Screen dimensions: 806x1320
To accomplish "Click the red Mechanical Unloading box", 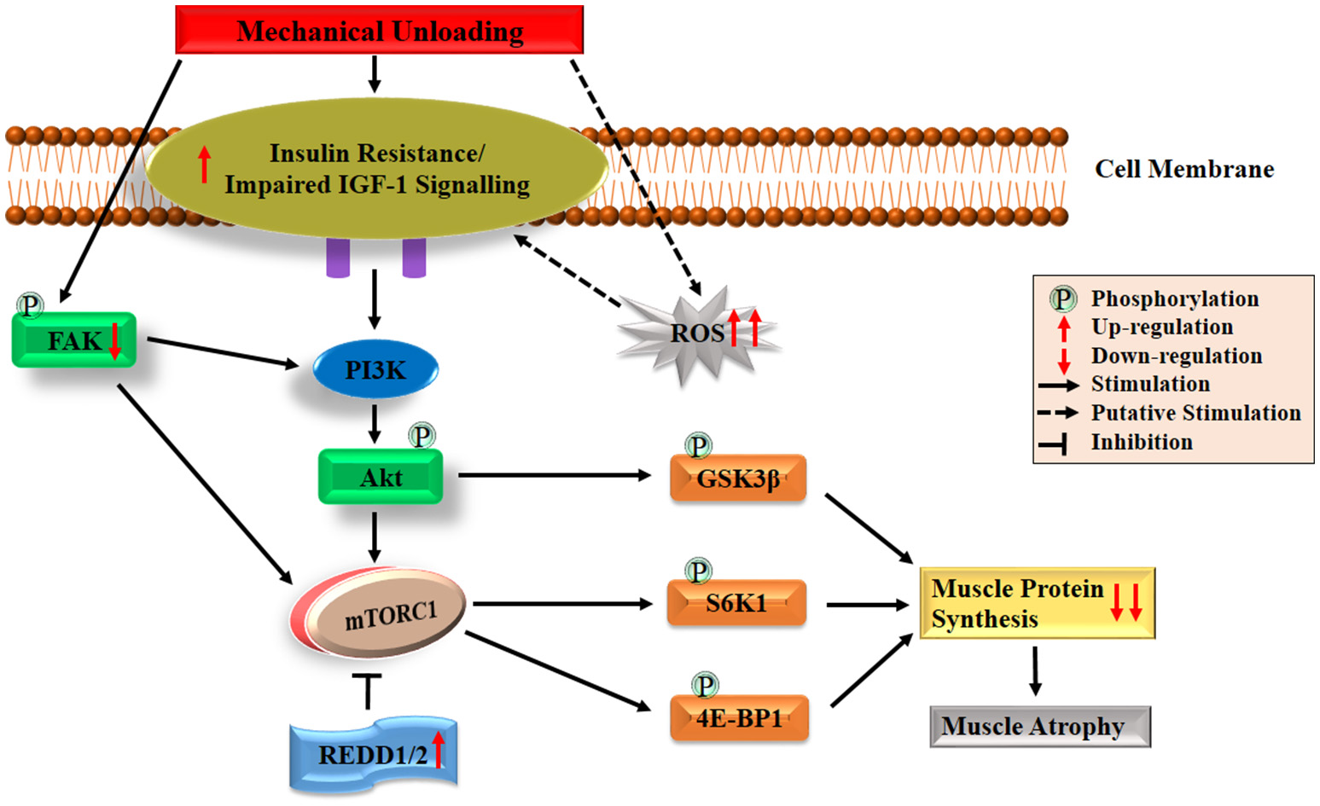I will [x=379, y=31].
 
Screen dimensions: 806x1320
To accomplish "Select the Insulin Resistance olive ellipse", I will [x=376, y=169].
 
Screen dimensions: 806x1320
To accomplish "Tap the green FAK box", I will [x=73, y=340].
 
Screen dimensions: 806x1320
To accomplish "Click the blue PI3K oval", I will [x=375, y=370].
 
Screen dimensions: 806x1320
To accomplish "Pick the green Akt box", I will [x=381, y=478].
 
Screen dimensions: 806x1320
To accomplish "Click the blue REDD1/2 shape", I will [x=373, y=755].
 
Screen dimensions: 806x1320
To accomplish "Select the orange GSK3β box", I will [x=738, y=478].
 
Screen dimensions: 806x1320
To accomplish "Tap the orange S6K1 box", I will [x=736, y=604].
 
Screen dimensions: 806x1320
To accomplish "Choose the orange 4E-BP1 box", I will [x=739, y=718].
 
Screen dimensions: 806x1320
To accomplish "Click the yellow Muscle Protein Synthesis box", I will [x=1037, y=603].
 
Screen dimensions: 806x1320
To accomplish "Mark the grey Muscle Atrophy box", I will [x=1039, y=727].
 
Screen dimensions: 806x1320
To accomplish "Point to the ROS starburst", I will [x=696, y=333].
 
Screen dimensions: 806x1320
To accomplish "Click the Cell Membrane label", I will [x=1184, y=169].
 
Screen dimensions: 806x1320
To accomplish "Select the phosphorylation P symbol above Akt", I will [x=422, y=436].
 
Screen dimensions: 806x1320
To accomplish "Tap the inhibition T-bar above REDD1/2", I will [x=368, y=689].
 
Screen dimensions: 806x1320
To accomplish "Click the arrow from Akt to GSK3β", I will [x=555, y=475].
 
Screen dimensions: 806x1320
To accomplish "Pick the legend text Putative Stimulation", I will [x=1195, y=413].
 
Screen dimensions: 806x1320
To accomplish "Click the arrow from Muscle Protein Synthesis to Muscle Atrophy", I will [x=1035, y=670].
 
